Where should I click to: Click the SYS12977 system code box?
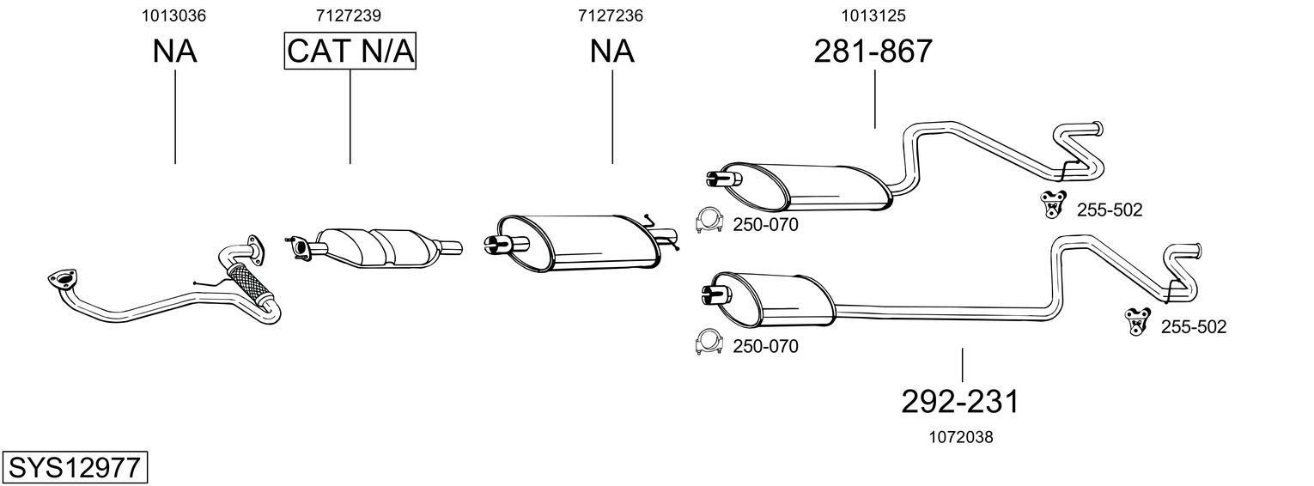74,468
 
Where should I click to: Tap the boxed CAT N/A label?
350,52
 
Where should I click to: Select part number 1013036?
175,15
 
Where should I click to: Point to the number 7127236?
611,15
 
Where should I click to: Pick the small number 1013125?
873,15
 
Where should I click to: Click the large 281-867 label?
873,52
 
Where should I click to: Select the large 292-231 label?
961,401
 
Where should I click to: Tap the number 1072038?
961,437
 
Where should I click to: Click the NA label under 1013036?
175,52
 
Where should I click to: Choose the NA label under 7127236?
611,52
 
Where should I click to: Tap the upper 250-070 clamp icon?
709,222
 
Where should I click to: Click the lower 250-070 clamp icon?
709,343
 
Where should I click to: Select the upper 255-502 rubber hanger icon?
1052,205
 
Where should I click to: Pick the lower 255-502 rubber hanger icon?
1138,321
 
